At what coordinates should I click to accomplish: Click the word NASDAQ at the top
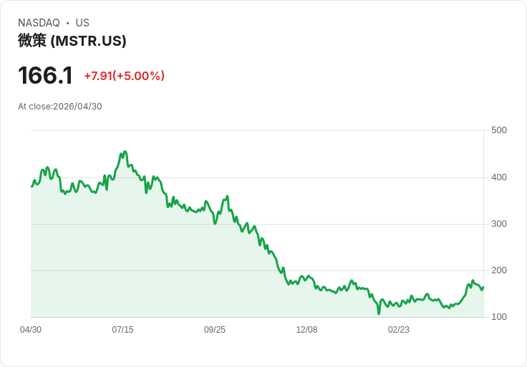click(39, 23)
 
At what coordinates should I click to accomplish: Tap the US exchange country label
click(82, 23)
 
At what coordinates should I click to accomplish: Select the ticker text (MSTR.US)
click(88, 41)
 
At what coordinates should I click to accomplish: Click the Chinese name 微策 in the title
click(32, 41)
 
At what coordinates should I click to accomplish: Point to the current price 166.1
click(45, 75)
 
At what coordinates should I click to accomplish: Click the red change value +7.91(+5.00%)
click(125, 76)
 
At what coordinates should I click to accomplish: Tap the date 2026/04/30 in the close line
click(77, 107)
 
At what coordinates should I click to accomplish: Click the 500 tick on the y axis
click(499, 130)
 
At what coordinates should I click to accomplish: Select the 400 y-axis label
click(499, 177)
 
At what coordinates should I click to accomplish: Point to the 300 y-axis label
click(499, 224)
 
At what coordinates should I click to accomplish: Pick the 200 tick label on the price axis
click(499, 270)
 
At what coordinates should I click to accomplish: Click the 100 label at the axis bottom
click(499, 317)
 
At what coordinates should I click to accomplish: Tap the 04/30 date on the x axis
click(31, 330)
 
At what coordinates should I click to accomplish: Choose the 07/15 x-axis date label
click(122, 330)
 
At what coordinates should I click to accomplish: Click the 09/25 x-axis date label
click(215, 330)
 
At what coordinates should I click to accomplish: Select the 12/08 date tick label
click(306, 330)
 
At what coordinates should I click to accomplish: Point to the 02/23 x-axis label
click(399, 330)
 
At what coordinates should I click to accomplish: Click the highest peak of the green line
click(125, 152)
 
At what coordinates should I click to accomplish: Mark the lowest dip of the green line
click(379, 313)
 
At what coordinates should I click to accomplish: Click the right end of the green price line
click(483, 288)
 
